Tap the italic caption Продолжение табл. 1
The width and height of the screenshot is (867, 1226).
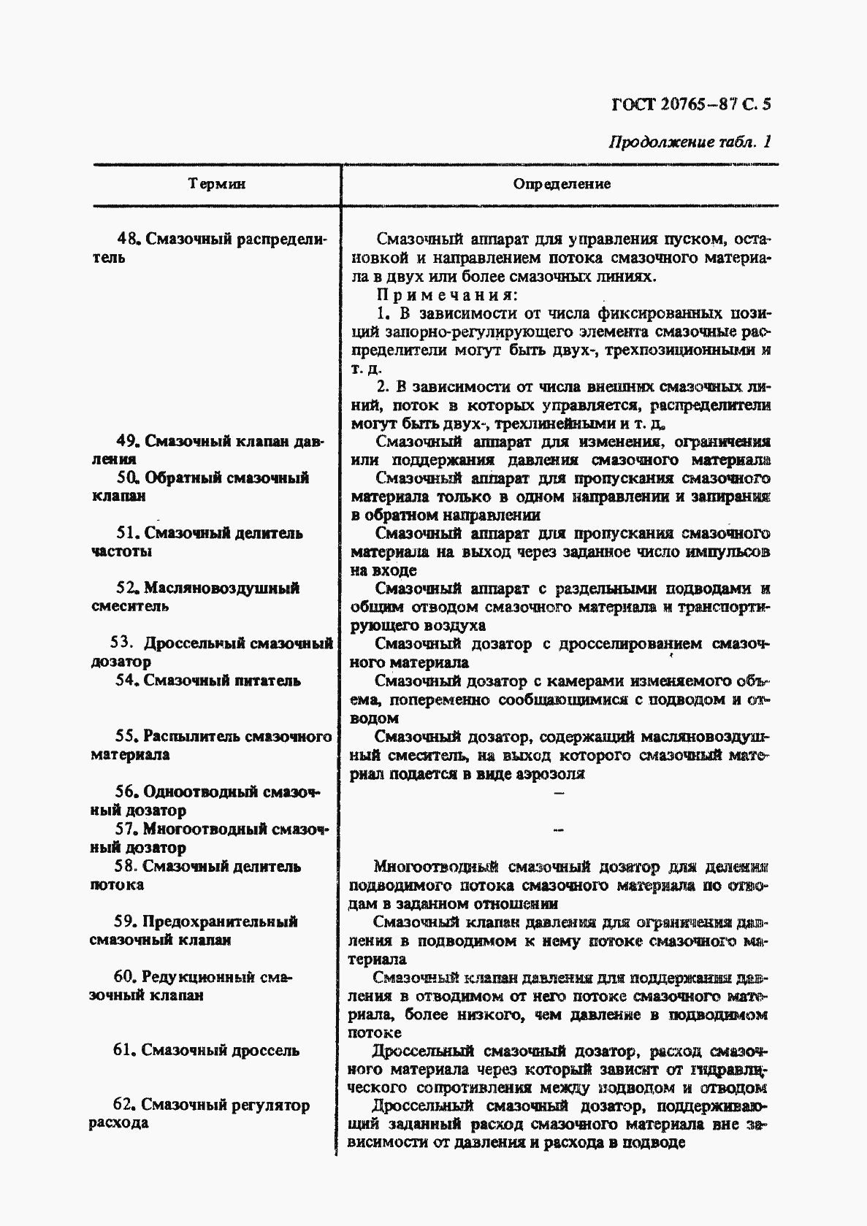(x=690, y=142)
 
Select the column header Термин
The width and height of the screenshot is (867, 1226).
(x=217, y=184)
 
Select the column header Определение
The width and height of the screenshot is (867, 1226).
(x=562, y=184)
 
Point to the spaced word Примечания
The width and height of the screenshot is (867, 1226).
(x=447, y=295)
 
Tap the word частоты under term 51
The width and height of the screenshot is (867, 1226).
(x=121, y=552)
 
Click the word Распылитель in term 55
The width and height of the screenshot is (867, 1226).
(x=191, y=736)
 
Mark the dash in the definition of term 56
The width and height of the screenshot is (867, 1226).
(x=559, y=793)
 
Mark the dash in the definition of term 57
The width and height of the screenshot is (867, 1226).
(x=559, y=830)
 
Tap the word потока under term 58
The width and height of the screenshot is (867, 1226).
(x=117, y=885)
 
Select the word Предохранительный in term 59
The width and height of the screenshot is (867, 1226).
(x=220, y=922)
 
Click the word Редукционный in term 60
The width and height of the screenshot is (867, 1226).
(x=199, y=977)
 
